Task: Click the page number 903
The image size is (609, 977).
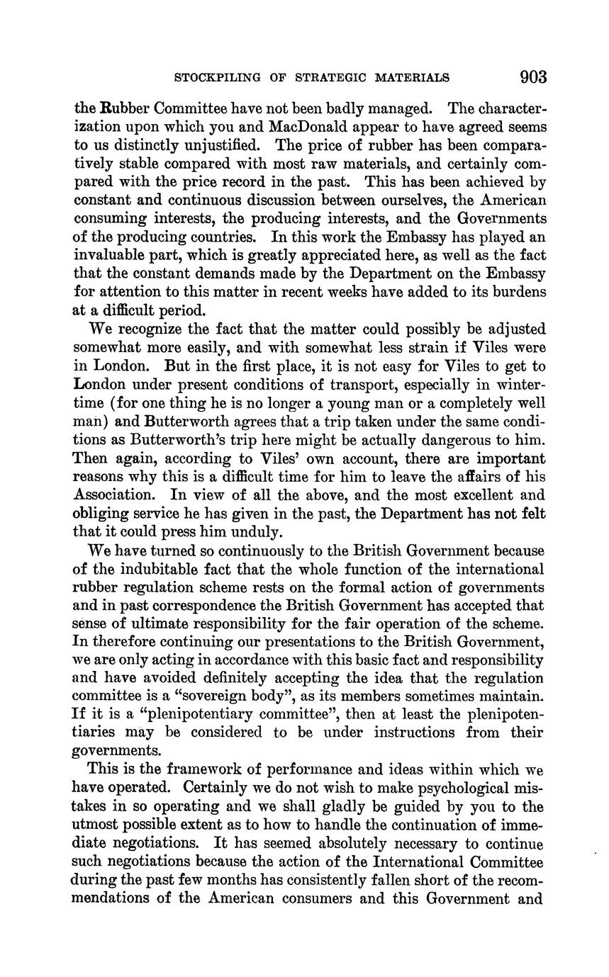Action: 533,77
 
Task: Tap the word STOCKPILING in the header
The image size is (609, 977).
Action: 215,77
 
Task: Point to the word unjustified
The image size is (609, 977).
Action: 220,145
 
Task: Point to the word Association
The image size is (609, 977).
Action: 116,495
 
